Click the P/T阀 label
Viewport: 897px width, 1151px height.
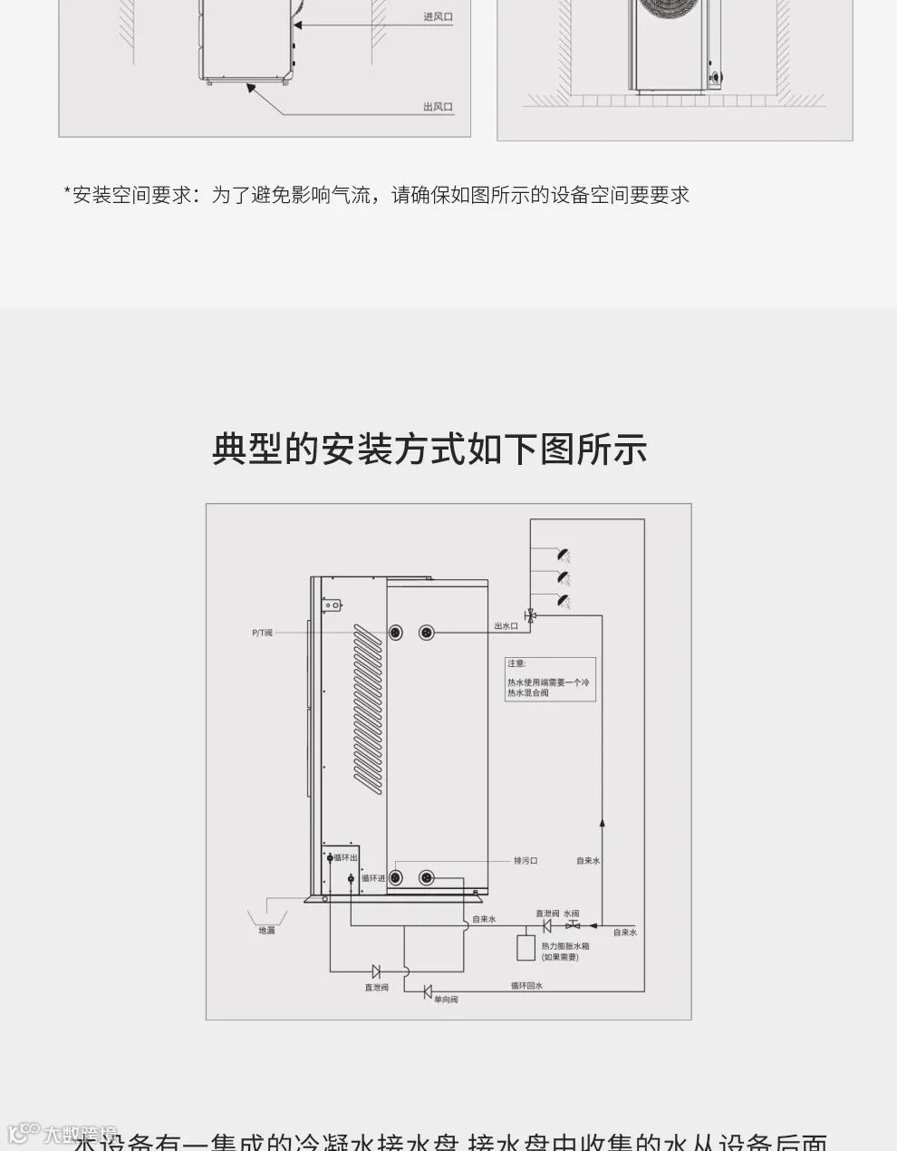(262, 633)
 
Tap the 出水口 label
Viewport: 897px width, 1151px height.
(506, 626)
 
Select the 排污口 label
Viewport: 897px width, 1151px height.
(526, 860)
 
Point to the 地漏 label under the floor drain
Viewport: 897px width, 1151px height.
(266, 931)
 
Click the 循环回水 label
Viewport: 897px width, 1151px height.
(526, 985)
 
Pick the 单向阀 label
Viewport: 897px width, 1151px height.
(446, 1000)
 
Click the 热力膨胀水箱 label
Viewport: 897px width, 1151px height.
(565, 946)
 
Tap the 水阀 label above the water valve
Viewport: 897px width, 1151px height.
(571, 914)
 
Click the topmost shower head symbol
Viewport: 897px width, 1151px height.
(564, 555)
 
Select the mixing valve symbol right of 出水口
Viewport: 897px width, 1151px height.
(531, 616)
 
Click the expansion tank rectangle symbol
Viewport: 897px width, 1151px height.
(526, 947)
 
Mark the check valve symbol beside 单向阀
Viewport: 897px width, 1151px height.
(428, 991)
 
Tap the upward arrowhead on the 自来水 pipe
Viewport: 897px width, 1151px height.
(603, 822)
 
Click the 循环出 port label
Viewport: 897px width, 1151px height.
(345, 857)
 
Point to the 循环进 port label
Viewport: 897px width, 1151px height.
(373, 877)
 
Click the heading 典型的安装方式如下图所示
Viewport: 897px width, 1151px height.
(429, 450)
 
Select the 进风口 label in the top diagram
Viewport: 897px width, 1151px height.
(438, 17)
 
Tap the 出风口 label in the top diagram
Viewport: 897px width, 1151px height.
(438, 107)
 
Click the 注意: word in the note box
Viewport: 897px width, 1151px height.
(516, 664)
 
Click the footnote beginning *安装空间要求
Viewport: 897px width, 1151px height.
(376, 195)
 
